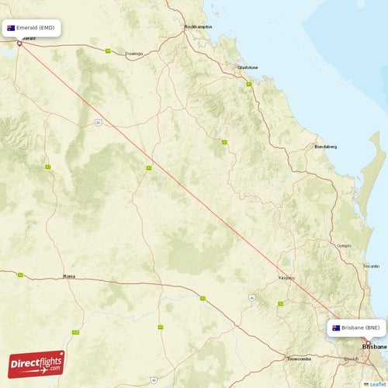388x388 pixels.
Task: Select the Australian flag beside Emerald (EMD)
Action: pyautogui.click(x=12, y=27)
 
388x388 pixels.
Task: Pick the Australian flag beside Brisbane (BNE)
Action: pyautogui.click(x=336, y=327)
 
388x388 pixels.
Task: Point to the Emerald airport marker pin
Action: pyautogui.click(x=19, y=43)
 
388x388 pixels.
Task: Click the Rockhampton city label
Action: pyautogui.click(x=197, y=27)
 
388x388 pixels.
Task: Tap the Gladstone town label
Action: pyautogui.click(x=247, y=68)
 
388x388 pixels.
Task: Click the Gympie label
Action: pyautogui.click(x=344, y=245)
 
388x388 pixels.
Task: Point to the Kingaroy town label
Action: pyautogui.click(x=287, y=277)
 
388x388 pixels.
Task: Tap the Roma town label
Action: pyautogui.click(x=69, y=276)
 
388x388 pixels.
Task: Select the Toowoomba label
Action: pyautogui.click(x=299, y=359)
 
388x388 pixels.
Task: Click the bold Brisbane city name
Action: pyautogui.click(x=374, y=347)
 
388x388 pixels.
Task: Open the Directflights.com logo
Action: pyautogui.click(x=36, y=363)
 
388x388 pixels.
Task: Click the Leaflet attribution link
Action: pyautogui.click(x=377, y=383)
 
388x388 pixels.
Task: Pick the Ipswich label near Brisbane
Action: pyautogui.click(x=351, y=360)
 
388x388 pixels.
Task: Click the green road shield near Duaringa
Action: pyautogui.click(x=108, y=51)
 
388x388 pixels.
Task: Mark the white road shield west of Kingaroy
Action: pyautogui.click(x=252, y=297)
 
